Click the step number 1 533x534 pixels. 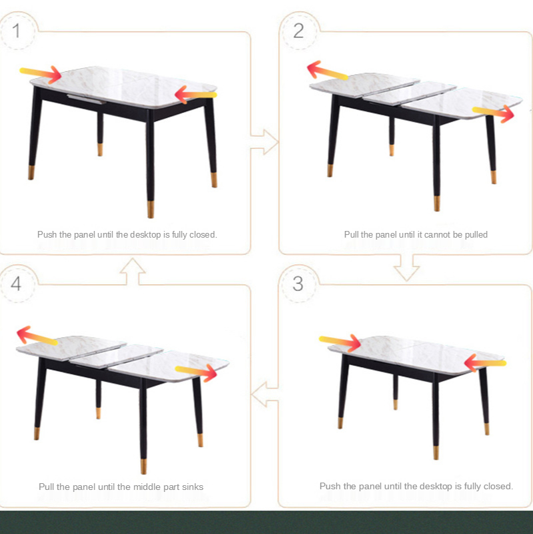pyautogui.click(x=16, y=31)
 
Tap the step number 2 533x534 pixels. pyautogui.click(x=298, y=31)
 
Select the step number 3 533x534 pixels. pyautogui.click(x=298, y=284)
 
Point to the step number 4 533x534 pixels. pyautogui.click(x=16, y=284)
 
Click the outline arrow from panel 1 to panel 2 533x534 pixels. pyautogui.click(x=265, y=142)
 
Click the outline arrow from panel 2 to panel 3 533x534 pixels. pyautogui.click(x=406, y=268)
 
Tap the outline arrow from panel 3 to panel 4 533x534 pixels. pyautogui.click(x=265, y=394)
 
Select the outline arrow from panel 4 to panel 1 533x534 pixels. pyautogui.click(x=133, y=272)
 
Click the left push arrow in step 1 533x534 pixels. pyautogui.click(x=41, y=74)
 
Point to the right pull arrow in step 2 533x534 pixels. pyautogui.click(x=493, y=113)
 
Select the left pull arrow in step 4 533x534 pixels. pyautogui.click(x=37, y=336)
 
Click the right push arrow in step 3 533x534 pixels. pyautogui.click(x=485, y=363)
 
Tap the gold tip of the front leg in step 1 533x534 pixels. pyautogui.click(x=151, y=209)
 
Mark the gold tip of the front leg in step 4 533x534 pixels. pyautogui.click(x=143, y=466)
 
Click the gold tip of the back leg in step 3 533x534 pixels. pyautogui.click(x=396, y=405)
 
